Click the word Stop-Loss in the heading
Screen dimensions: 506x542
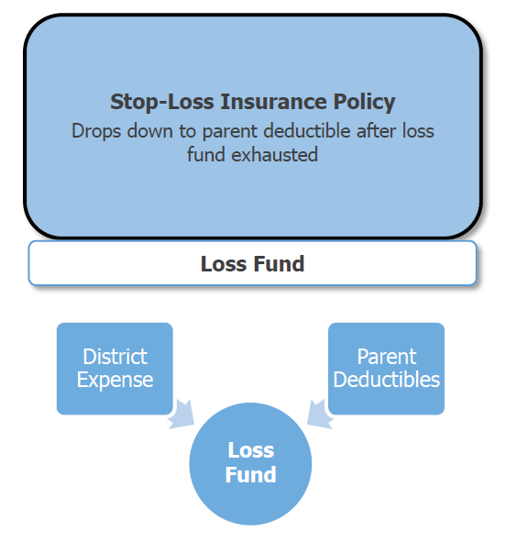point(162,102)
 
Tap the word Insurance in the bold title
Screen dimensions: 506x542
point(273,101)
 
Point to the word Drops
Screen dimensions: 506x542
point(96,131)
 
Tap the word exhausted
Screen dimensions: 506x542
point(274,154)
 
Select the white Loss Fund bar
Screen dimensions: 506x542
point(252,263)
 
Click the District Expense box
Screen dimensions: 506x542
point(115,369)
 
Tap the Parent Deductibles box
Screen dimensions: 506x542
point(386,369)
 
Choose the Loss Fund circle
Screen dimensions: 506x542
point(250,463)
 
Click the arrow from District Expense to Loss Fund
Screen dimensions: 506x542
point(181,415)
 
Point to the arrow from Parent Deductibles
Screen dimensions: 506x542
point(320,415)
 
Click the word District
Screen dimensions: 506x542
point(115,357)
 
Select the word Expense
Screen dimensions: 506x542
point(115,381)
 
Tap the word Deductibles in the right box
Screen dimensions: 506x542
point(387,379)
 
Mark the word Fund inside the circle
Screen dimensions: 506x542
point(251,474)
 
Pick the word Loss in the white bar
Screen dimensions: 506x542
point(224,264)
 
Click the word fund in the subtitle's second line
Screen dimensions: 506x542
point(206,154)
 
